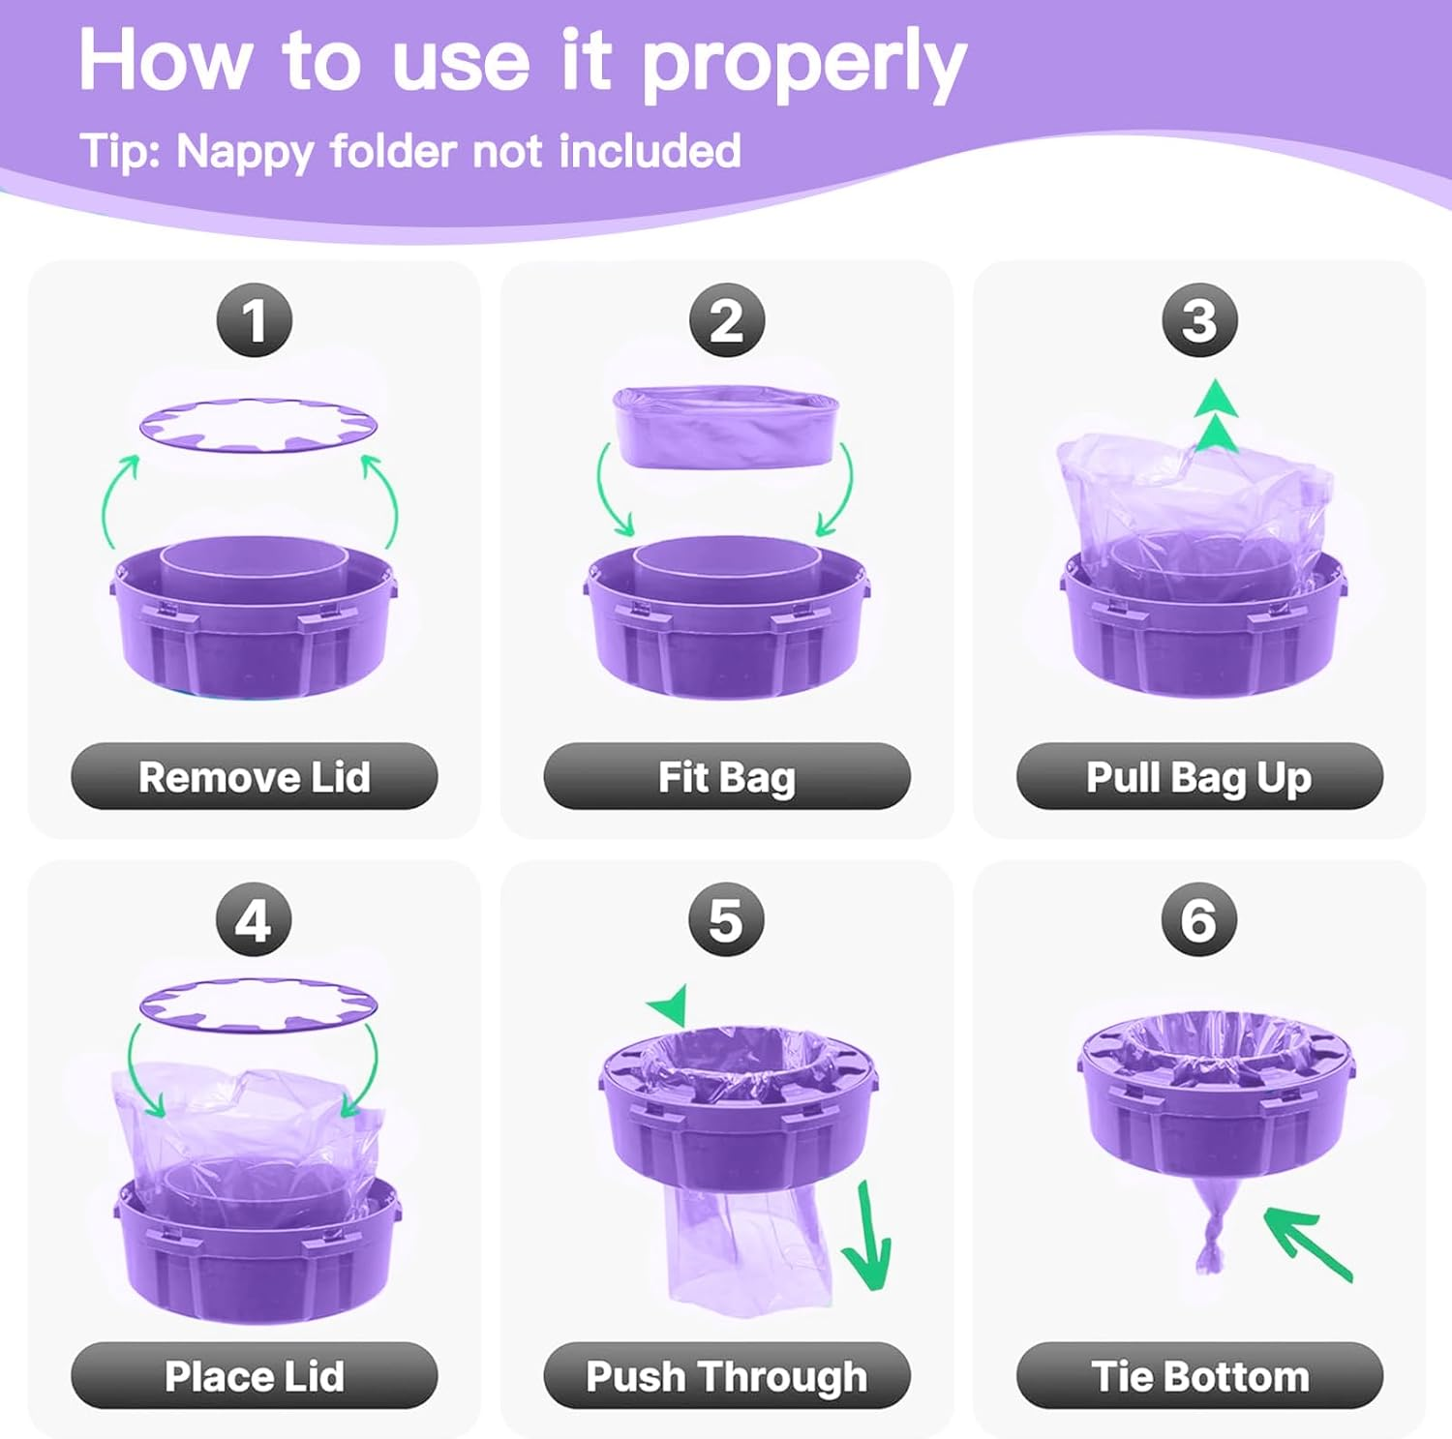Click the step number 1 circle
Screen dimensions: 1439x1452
click(x=255, y=320)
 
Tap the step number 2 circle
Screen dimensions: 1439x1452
click(x=727, y=320)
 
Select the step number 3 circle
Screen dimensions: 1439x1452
click(x=1199, y=320)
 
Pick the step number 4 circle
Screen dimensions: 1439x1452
click(x=255, y=919)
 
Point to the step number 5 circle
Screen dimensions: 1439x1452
click(x=727, y=919)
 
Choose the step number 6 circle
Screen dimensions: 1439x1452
click(x=1199, y=919)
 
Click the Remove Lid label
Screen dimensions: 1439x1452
click(x=255, y=776)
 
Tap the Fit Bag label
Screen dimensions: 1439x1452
click(x=727, y=776)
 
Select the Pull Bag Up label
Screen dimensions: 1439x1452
click(x=1199, y=776)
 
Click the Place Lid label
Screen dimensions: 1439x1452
click(x=255, y=1375)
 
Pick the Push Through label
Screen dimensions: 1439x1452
click(x=727, y=1375)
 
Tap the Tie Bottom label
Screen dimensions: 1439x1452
click(x=1199, y=1375)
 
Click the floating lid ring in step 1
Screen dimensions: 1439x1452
click(x=257, y=426)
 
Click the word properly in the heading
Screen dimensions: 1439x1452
click(x=803, y=64)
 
